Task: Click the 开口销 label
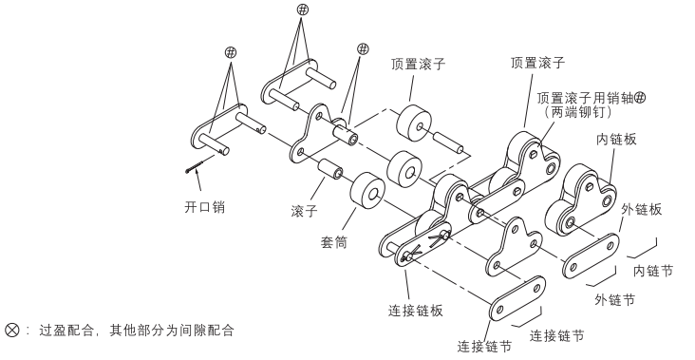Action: click(x=204, y=207)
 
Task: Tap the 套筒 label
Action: click(x=334, y=242)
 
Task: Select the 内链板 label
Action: click(x=616, y=140)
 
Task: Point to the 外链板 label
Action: click(x=642, y=209)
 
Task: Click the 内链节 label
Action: click(x=653, y=271)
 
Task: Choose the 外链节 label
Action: click(x=615, y=300)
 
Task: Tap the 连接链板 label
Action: click(x=416, y=311)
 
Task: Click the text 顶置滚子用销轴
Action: click(x=586, y=98)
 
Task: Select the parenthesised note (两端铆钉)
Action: click(x=578, y=112)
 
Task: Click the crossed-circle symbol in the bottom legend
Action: click(x=12, y=330)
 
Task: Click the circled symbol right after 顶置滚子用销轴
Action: click(x=640, y=98)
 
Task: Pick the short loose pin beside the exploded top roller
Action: click(x=448, y=142)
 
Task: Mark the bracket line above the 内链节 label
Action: click(x=643, y=249)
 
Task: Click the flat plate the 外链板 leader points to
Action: click(x=591, y=256)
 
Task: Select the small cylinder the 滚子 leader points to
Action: click(x=329, y=169)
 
